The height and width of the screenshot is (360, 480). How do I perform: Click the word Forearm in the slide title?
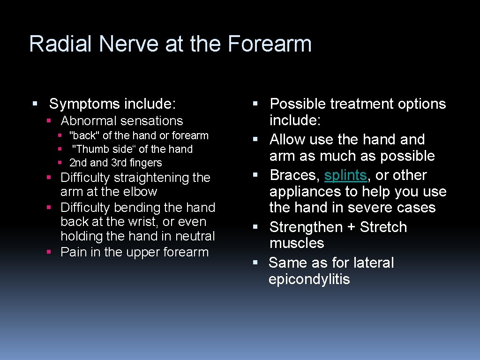(x=270, y=44)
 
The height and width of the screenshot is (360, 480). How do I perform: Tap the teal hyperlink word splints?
(x=345, y=175)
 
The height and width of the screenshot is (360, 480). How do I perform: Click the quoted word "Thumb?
(x=89, y=150)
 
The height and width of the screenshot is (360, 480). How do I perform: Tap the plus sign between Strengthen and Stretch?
(x=351, y=227)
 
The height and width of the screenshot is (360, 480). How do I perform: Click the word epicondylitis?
(x=309, y=279)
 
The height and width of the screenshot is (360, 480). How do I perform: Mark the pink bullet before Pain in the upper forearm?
(x=49, y=252)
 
